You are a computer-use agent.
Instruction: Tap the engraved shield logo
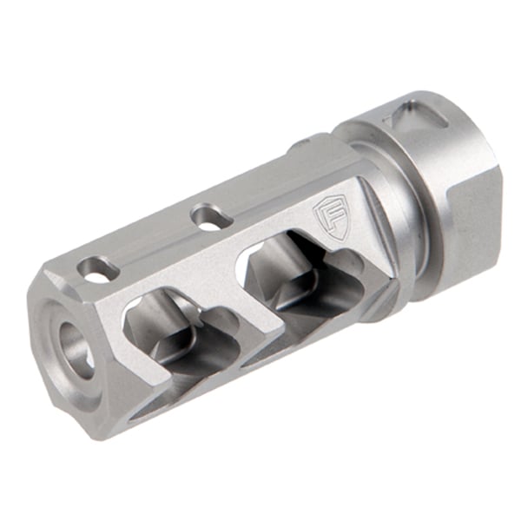pyautogui.click(x=330, y=218)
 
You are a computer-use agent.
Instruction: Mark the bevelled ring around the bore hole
pyautogui.click(x=61, y=347)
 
